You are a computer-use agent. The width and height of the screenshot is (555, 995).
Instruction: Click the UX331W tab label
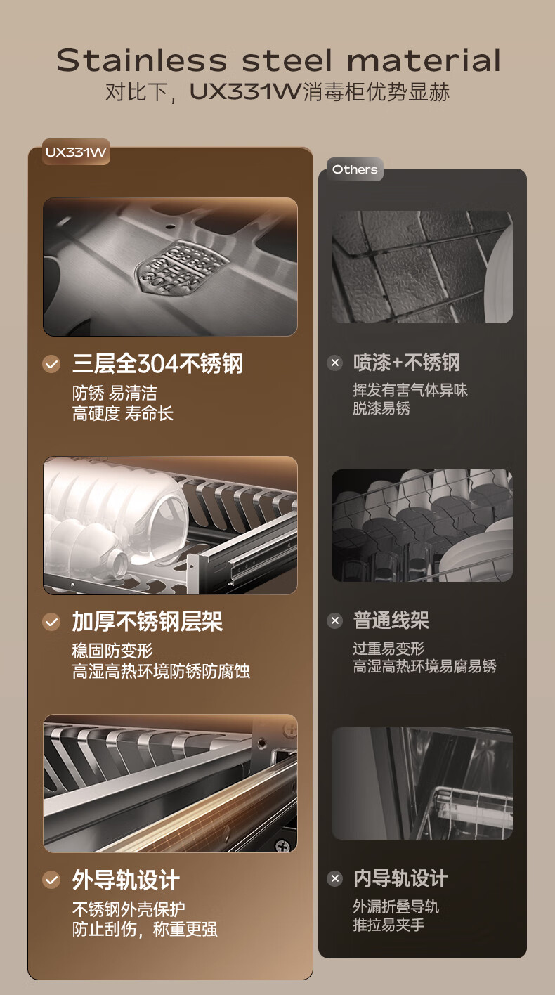point(76,152)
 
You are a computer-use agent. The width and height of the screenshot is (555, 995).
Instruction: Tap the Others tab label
point(355,169)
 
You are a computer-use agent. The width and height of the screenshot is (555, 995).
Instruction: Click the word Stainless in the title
point(142,60)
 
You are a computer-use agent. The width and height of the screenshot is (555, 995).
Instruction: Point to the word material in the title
point(424,60)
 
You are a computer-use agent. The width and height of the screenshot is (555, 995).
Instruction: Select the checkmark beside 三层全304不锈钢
point(51,364)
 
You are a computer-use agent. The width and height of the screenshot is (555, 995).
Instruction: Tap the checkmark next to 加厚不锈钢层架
point(51,622)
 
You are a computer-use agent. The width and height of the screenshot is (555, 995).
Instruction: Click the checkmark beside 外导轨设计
point(51,880)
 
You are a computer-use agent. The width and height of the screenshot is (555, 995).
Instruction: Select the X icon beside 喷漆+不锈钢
point(335,363)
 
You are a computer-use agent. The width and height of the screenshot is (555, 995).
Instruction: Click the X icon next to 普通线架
point(335,620)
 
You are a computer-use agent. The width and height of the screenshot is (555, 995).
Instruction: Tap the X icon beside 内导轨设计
point(335,878)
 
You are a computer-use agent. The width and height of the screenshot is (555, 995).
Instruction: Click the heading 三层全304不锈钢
point(157,364)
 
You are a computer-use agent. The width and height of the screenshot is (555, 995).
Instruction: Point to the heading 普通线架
point(391,620)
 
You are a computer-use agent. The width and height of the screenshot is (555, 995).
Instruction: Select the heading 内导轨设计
point(400,878)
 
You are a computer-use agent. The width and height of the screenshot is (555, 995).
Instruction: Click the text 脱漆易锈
point(381,408)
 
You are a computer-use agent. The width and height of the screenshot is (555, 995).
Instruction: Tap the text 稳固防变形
point(112,651)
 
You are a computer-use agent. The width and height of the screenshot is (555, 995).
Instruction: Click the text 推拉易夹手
point(388,925)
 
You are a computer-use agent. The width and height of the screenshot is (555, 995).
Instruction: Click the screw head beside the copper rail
point(282,846)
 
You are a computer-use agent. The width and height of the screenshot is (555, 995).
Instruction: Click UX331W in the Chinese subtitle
point(245,92)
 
